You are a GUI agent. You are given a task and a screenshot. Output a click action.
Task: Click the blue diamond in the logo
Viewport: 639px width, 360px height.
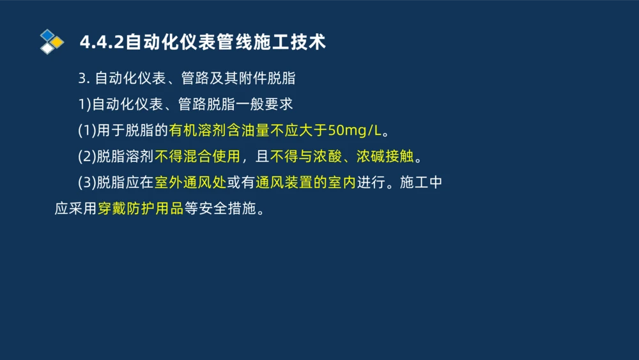click(47, 35)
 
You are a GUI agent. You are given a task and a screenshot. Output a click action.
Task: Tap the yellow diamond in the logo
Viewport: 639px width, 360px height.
click(58, 42)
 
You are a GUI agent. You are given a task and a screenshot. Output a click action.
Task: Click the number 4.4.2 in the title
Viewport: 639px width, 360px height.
click(102, 42)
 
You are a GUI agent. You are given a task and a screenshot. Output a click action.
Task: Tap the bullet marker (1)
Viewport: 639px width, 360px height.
click(86, 130)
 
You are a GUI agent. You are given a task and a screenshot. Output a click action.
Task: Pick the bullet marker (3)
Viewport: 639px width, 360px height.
click(86, 183)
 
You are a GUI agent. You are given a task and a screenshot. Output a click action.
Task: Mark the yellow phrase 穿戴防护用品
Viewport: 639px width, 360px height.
click(140, 209)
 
